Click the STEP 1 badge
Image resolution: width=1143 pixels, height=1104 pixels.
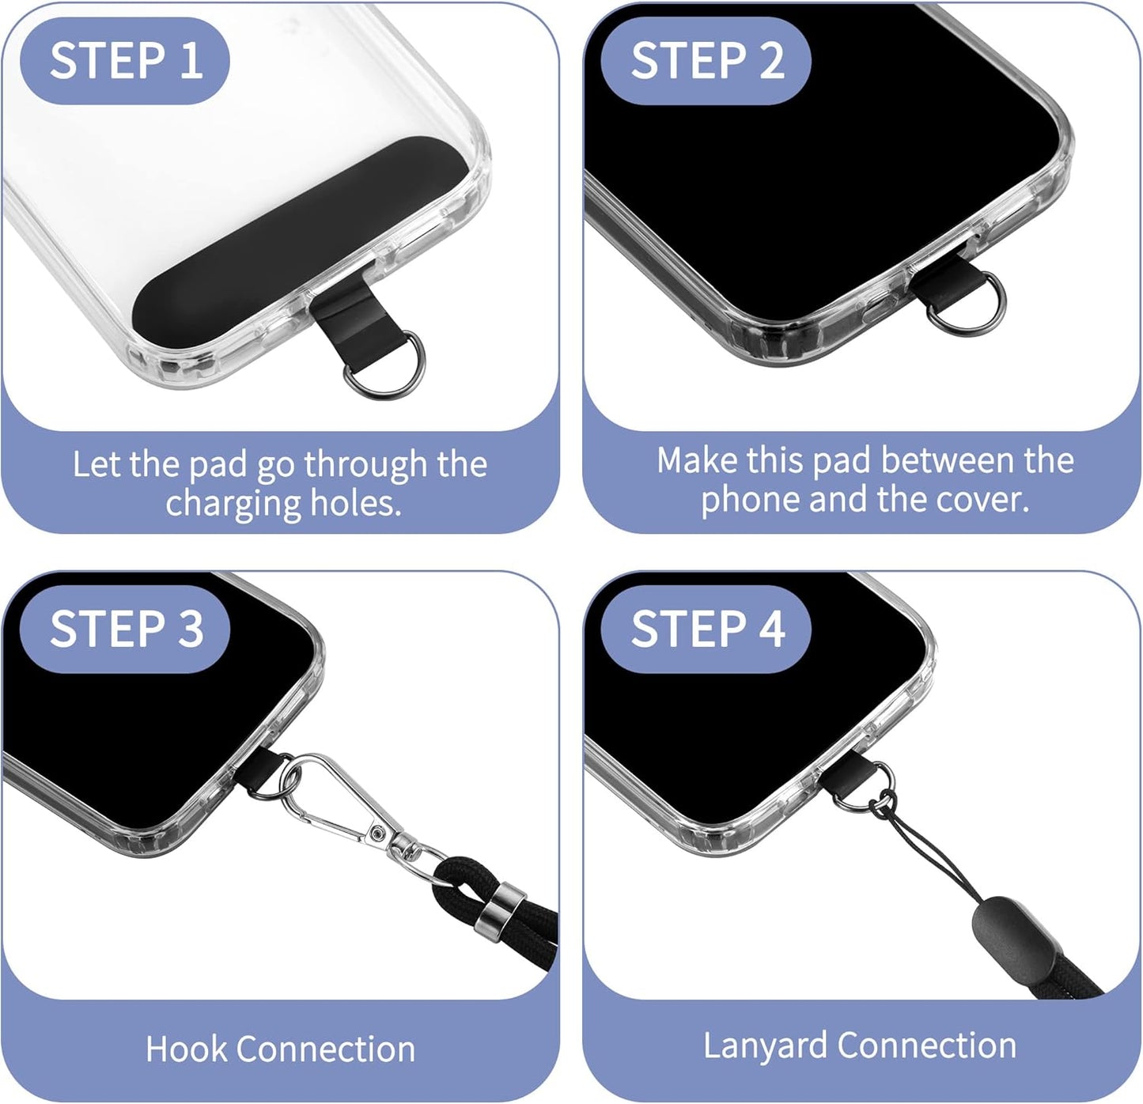point(125,61)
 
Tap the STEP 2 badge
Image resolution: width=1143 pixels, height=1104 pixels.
point(706,61)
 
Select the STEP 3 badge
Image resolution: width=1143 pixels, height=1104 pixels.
point(125,629)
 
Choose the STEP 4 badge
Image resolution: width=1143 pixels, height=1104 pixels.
point(706,629)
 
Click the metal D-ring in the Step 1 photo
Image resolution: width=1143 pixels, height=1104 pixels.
point(395,372)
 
